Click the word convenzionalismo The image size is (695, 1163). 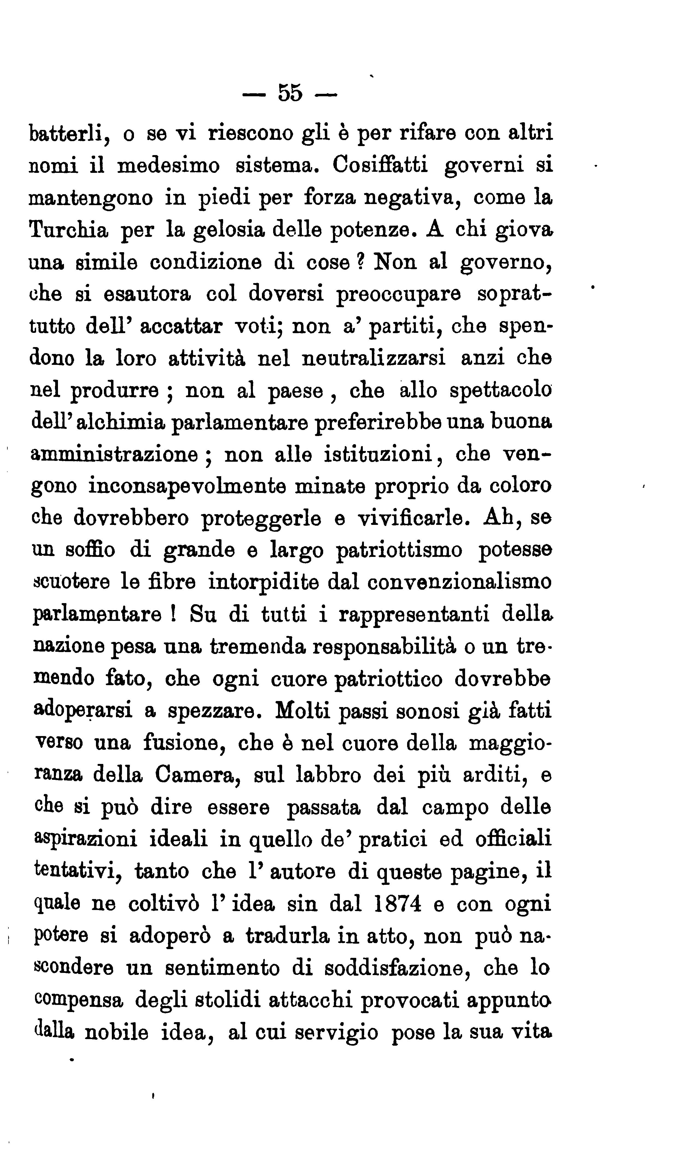pos(459,582)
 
